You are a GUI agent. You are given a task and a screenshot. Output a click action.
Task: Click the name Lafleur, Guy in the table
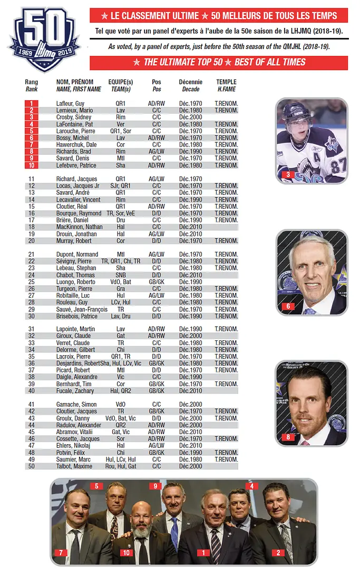click(71, 104)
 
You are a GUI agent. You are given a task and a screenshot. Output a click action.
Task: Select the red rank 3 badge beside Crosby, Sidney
click(32, 117)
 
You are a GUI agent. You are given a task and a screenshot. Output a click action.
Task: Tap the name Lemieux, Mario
click(74, 111)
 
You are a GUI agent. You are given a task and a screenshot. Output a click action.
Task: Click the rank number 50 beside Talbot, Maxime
click(32, 466)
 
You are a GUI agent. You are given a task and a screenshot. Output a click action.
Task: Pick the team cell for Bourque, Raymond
click(120, 213)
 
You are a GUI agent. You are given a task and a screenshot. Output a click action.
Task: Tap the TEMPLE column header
click(226, 82)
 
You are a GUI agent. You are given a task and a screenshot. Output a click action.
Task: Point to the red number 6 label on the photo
click(288, 306)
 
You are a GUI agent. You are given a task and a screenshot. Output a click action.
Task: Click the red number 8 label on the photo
click(288, 437)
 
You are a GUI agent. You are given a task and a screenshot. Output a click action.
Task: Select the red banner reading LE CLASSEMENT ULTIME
click(219, 15)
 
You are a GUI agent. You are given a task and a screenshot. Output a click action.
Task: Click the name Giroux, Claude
click(74, 336)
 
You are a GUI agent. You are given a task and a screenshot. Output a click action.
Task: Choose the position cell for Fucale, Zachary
click(157, 390)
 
